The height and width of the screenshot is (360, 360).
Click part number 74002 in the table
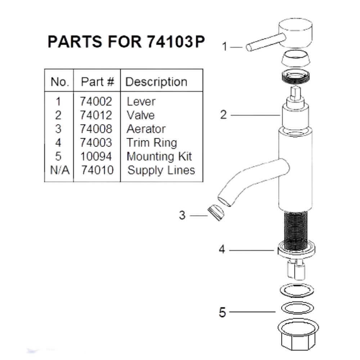[x=96, y=102]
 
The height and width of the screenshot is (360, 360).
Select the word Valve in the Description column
[x=140, y=115]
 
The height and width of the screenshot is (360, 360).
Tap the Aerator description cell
[x=146, y=129]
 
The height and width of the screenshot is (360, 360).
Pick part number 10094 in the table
[x=96, y=156]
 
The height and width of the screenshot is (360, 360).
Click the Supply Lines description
[x=161, y=170]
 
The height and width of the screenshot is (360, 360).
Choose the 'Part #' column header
[x=97, y=82]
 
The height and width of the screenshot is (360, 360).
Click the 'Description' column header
[x=156, y=82]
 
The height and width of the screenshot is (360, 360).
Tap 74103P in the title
[x=176, y=42]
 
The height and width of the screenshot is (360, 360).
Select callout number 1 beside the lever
[x=225, y=47]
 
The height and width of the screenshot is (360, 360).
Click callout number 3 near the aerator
[x=182, y=215]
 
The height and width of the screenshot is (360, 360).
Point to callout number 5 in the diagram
[x=222, y=312]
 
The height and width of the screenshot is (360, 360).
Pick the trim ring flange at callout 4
[x=296, y=250]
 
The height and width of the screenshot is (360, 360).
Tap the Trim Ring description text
[x=152, y=143]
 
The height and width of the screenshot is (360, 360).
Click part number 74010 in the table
[x=97, y=170]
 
